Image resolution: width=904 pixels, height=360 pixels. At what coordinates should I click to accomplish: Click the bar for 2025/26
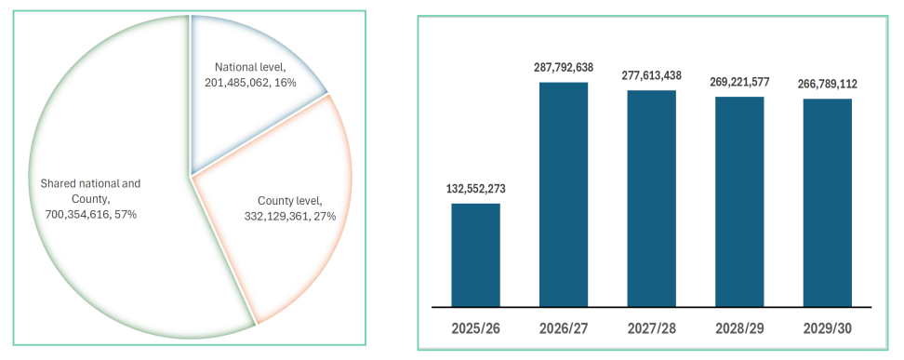coord(475,254)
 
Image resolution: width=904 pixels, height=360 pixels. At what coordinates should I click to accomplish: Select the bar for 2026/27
coord(564,193)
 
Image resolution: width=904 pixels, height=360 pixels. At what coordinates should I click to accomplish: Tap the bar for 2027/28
coord(651,197)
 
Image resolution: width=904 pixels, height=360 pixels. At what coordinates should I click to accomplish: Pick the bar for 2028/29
coord(739,201)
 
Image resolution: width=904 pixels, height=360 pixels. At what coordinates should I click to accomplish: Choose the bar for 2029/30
coord(827,202)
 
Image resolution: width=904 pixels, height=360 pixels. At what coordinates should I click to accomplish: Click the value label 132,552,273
coord(475,189)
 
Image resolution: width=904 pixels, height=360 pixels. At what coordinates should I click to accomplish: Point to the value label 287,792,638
coord(563,68)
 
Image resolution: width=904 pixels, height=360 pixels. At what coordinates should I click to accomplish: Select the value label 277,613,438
coord(651,75)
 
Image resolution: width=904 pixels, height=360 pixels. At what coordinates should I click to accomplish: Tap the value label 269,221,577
coord(739,81)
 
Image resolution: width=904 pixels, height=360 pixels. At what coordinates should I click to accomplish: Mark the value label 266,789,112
coord(827,84)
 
